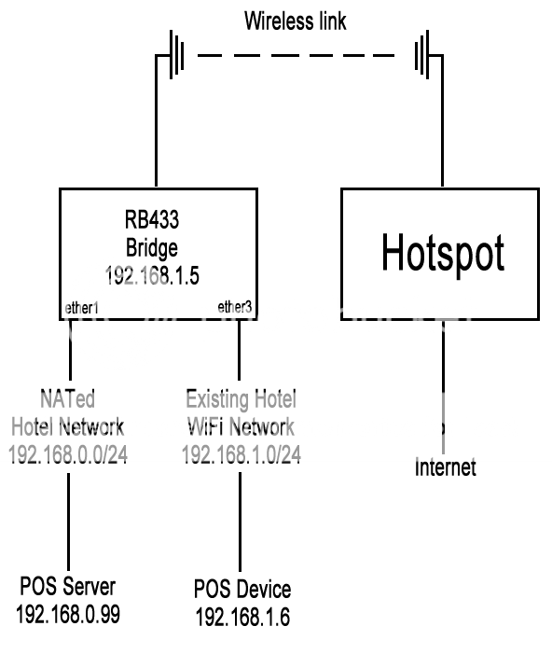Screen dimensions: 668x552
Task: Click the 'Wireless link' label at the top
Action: (x=295, y=21)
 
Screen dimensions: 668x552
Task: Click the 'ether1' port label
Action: (x=82, y=305)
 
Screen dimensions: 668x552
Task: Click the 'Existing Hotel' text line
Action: (x=241, y=401)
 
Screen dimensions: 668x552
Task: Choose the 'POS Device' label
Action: (x=241, y=590)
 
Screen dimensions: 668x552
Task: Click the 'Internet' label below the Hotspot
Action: (x=445, y=467)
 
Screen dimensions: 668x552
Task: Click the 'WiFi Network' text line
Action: (x=241, y=427)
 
